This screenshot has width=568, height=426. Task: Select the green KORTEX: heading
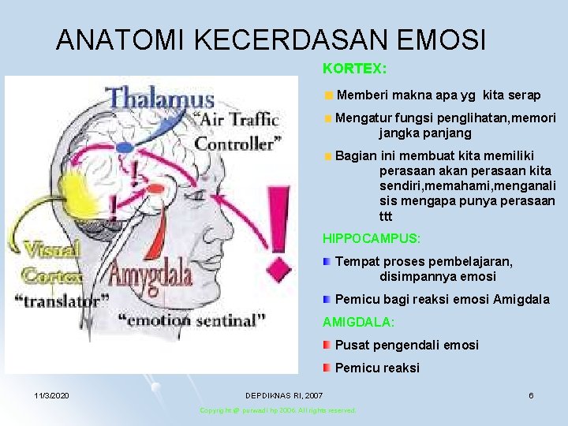(354, 69)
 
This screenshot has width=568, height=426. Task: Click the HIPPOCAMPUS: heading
(372, 237)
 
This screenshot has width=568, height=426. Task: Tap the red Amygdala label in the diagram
(151, 276)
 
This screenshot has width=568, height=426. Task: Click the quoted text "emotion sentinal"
(192, 320)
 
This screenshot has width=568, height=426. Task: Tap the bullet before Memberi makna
(327, 95)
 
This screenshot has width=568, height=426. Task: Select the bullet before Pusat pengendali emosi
(327, 345)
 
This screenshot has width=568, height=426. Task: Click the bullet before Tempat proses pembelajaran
(327, 261)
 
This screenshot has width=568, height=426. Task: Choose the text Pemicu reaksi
(377, 368)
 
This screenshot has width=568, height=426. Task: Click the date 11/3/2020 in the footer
(51, 394)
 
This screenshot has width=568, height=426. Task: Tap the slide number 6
(531, 394)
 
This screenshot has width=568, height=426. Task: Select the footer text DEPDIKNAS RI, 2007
(283, 394)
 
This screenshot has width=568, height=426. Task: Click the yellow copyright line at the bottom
(278, 410)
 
